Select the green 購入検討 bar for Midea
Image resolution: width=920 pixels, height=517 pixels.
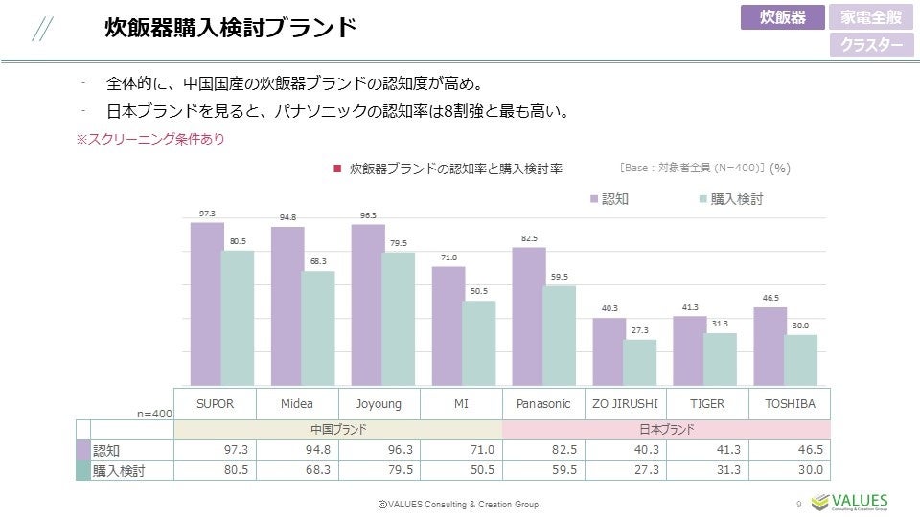coord(317,328)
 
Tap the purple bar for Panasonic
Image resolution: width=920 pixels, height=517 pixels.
coord(528,316)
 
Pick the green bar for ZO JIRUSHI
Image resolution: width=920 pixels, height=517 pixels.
coord(639,363)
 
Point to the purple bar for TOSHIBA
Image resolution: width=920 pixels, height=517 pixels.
coord(770,347)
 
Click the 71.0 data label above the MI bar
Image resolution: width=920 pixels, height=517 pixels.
coord(448,258)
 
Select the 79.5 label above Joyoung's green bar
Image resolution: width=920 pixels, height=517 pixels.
coord(398,243)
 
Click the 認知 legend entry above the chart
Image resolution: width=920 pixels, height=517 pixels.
coord(609,199)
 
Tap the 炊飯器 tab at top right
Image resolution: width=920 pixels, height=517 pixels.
coord(782,17)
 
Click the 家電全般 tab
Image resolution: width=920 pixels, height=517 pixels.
coord(871,17)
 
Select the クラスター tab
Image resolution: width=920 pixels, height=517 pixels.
coord(871,45)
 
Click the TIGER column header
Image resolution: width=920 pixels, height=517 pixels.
coord(708,403)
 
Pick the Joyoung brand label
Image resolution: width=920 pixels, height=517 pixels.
coord(379,403)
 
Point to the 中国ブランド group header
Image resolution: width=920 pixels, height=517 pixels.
coord(338,430)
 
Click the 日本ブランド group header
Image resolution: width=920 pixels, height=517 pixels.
coord(666,430)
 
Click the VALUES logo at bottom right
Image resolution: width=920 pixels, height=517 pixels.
coord(849,502)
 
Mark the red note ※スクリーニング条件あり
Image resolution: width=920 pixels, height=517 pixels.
coord(150,140)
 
